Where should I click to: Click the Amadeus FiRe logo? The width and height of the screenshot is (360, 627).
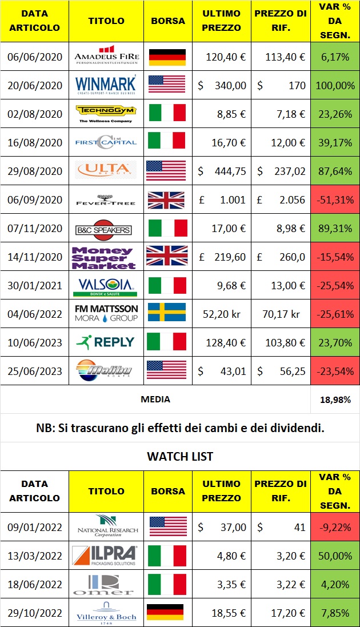106,56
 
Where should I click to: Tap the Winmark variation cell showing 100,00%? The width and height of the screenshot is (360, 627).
335,85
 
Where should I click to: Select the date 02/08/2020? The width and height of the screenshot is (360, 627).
35,113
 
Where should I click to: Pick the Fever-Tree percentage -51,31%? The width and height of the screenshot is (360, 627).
335,199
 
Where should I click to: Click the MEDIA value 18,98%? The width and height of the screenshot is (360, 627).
335,400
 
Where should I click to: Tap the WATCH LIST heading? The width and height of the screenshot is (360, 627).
180,456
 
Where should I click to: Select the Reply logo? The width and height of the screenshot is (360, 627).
106,342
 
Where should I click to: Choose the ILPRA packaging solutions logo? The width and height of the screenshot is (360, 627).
106,554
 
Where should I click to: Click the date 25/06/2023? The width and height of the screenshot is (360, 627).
35,371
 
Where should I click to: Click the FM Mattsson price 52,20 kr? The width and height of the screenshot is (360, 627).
223,314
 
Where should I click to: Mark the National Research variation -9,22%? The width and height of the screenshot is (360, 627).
335,526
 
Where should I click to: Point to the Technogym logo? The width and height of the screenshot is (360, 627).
106,113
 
